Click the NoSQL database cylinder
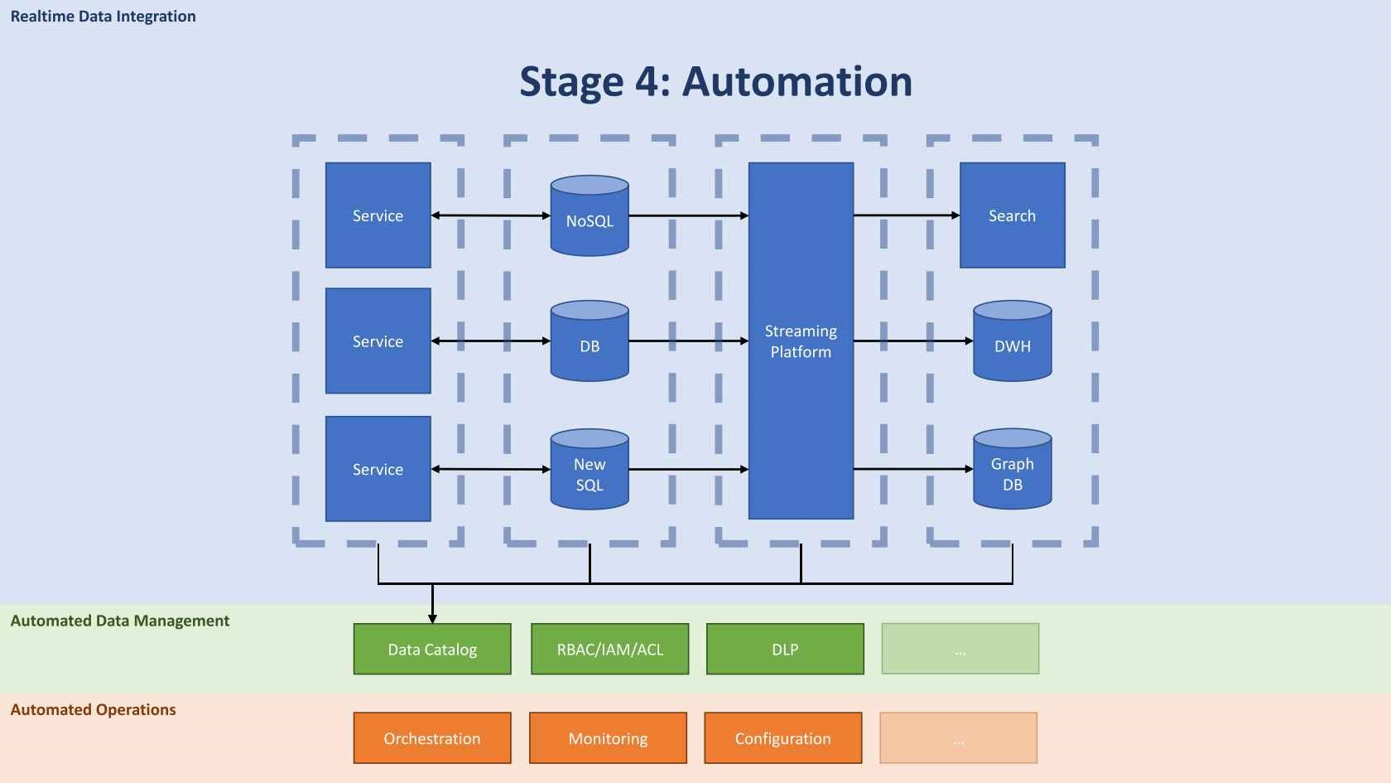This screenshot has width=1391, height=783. pyautogui.click(x=590, y=217)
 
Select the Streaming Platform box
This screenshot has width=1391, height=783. pyautogui.click(x=801, y=341)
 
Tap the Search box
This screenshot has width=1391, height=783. pyautogui.click(x=1012, y=215)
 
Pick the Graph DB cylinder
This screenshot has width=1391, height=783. pyautogui.click(x=1012, y=471)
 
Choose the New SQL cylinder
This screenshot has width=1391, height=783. pyautogui.click(x=590, y=471)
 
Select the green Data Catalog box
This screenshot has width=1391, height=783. pyautogui.click(x=432, y=649)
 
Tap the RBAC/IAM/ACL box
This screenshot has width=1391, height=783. pyautogui.click(x=610, y=649)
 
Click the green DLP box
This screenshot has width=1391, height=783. pyautogui.click(x=785, y=649)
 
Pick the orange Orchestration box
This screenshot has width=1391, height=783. pyautogui.click(x=432, y=737)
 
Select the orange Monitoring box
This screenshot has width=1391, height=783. pyautogui.click(x=608, y=737)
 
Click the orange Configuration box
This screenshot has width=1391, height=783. pyautogui.click(x=783, y=737)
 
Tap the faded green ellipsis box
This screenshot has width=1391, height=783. pyautogui.click(x=960, y=649)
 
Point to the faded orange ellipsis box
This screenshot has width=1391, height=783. pyautogui.click(x=958, y=737)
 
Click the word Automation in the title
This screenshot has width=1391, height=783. pyautogui.click(x=797, y=81)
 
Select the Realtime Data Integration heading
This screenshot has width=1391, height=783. pyautogui.click(x=103, y=17)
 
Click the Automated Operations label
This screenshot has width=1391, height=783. pyautogui.click(x=93, y=709)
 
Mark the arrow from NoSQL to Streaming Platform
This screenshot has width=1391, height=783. pyautogui.click(x=687, y=215)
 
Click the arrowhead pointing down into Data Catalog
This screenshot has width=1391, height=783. pyautogui.click(x=432, y=618)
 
